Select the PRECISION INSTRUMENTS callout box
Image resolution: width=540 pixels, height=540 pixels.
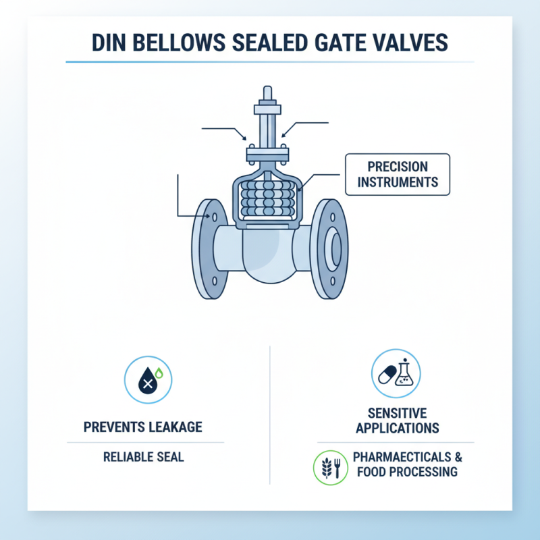coord(398,174)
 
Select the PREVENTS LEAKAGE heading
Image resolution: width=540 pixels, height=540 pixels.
coord(143,427)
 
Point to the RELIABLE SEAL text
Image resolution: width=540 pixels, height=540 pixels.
coord(143,457)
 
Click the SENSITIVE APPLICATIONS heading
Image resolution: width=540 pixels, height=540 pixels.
coord(398,420)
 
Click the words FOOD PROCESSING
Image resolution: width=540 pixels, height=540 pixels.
coord(405,471)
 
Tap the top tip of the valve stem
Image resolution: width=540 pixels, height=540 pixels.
coord(268,92)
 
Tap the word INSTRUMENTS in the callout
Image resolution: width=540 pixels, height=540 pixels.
coord(398,182)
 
